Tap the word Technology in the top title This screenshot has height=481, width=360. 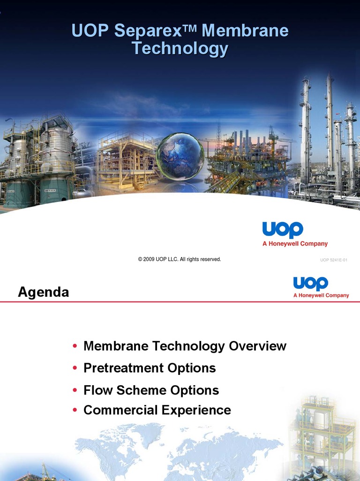click(180, 48)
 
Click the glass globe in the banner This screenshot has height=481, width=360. click(180, 156)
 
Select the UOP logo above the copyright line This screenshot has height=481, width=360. click(283, 230)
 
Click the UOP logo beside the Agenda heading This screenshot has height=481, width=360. click(310, 283)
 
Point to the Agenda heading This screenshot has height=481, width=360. click(43, 292)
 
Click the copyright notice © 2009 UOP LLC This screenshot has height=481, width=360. click(180, 259)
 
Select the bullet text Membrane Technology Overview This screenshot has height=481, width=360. click(185, 346)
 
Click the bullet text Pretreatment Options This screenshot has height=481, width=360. click(150, 368)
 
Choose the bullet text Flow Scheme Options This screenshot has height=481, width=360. click(151, 390)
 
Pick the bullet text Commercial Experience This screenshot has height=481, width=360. click(157, 410)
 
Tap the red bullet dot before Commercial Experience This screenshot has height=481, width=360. click(75, 411)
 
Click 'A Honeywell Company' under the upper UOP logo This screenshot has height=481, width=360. click(295, 244)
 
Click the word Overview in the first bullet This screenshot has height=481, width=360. click(257, 346)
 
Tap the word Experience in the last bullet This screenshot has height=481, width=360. click(196, 410)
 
